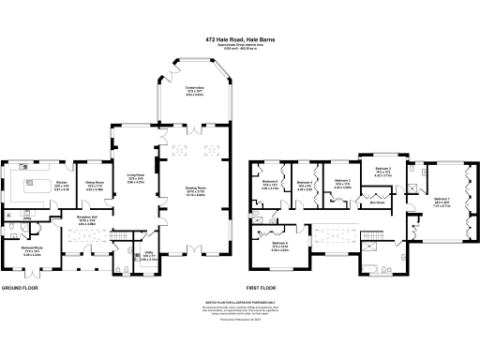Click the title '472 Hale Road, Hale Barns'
click(x=239, y=39)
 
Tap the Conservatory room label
click(x=194, y=91)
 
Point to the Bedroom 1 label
click(x=442, y=200)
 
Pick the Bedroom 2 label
click(x=382, y=172)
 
